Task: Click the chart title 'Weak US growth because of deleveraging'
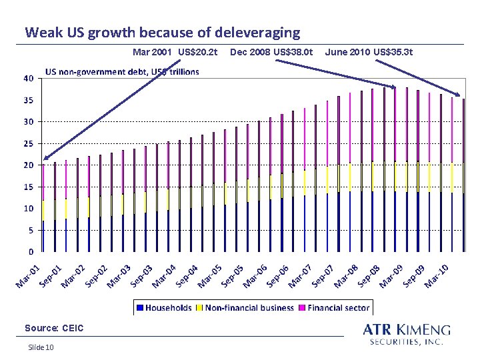163,33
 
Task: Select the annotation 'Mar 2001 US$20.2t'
175,52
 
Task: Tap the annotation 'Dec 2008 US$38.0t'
271,52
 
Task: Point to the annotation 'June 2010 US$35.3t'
369,52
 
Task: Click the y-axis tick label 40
29,79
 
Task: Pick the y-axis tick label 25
29,143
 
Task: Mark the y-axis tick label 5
31,230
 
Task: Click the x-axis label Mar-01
28,277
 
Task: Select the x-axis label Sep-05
233,277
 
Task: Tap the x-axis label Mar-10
437,277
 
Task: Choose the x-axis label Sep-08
369,277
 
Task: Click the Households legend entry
165,307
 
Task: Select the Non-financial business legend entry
245,307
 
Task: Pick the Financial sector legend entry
334,307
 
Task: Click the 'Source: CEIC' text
54,328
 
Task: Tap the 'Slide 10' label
41,347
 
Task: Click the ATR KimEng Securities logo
407,334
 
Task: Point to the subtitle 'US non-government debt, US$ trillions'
122,72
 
